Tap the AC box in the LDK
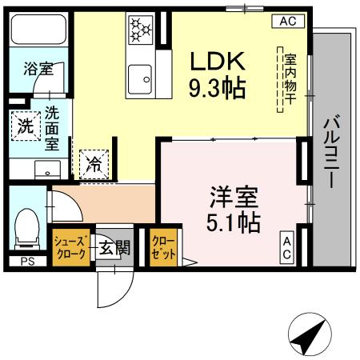[x=289, y=22]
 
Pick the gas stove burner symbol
[x=139, y=30]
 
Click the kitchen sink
[x=142, y=77]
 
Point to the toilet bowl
[x=27, y=229]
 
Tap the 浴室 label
[x=36, y=70]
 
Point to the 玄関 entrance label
[x=114, y=248]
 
